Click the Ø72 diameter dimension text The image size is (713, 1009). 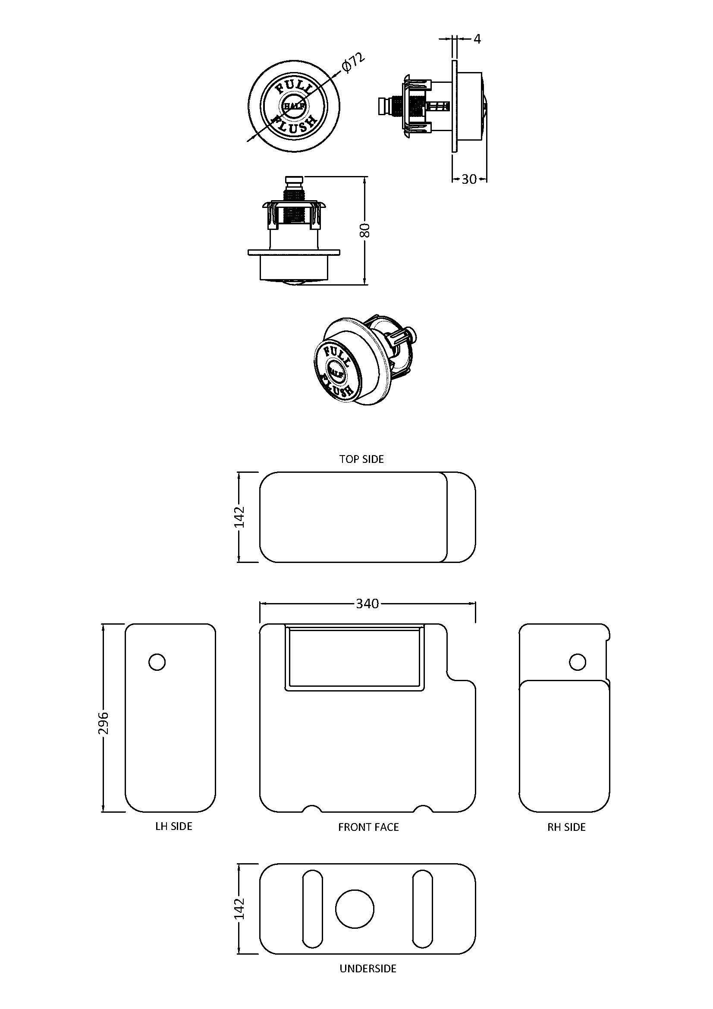[x=353, y=63]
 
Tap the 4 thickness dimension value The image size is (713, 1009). [x=477, y=39]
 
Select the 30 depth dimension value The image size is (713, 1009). [x=469, y=179]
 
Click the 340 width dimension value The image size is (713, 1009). [x=367, y=604]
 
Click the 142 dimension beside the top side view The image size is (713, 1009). [x=239, y=517]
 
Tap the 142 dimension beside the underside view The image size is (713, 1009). [x=239, y=908]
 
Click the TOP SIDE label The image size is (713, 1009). [x=361, y=459]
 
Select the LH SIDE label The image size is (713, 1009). [x=173, y=826]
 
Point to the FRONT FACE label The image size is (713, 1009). [x=368, y=827]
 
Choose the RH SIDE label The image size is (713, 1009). [x=566, y=827]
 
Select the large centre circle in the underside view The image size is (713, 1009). [x=355, y=909]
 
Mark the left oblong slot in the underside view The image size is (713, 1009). [x=312, y=908]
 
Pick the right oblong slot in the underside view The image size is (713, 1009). [x=422, y=908]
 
